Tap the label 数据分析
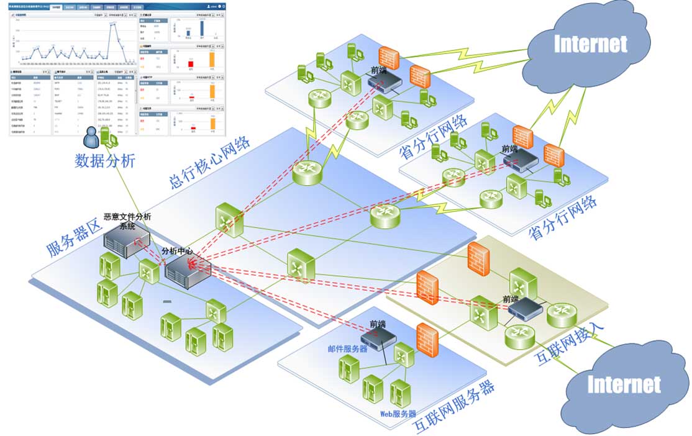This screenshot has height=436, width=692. coord(104,161)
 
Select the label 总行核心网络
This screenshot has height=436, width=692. coord(209,162)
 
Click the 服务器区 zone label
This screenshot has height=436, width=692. coord(74,238)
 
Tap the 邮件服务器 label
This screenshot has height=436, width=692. coord(347,348)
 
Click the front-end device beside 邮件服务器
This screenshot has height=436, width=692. coord(380,338)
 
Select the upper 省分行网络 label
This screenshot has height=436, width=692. coord(434,137)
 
